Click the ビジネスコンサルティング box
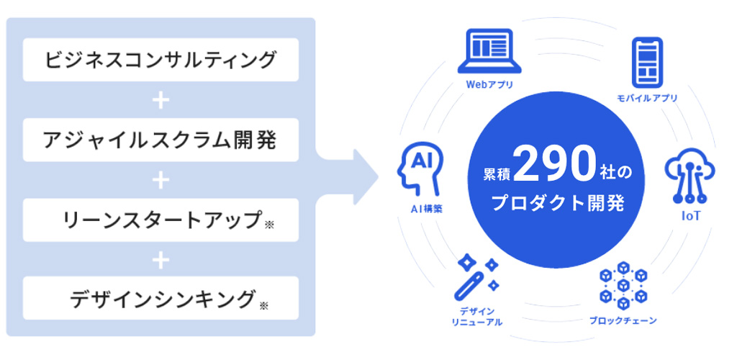coord(160,60)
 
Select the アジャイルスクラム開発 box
coord(160,140)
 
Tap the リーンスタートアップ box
coord(160,220)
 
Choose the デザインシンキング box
coord(160,298)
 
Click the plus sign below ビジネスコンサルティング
coord(160,100)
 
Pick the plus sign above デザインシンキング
coord(160,259)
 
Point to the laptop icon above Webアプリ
coord(489,52)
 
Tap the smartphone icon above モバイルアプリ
coord(647,62)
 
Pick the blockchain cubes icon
coord(623,285)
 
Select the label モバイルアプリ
coord(647,98)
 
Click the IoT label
coord(690,216)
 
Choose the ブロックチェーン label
coord(623,321)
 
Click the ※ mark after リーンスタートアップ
coord(269,225)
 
